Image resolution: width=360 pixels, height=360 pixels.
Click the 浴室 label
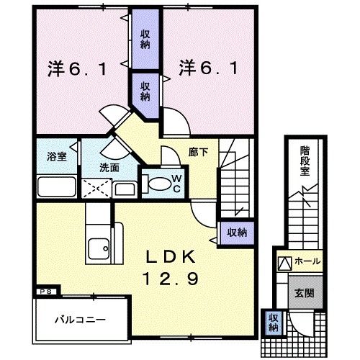55,156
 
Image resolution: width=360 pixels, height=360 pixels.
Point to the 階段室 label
305,161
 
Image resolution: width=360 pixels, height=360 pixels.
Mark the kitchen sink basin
98,249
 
